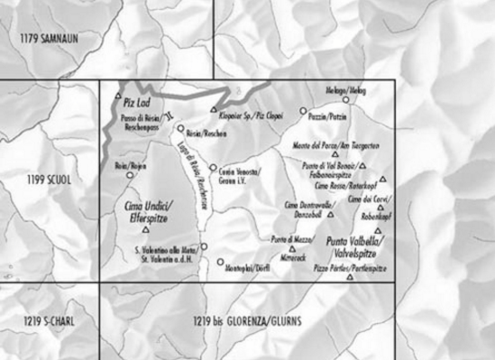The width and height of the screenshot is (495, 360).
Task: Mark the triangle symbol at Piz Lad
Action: (117, 96)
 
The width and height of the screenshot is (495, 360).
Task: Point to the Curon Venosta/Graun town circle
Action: (213, 167)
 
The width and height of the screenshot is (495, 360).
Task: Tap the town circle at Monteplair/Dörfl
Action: (220, 262)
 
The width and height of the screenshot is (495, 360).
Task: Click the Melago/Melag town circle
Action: (344, 99)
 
